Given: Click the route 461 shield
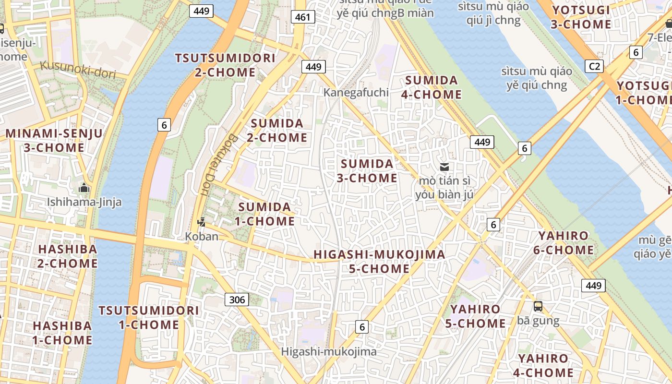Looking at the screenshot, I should [x=302, y=17].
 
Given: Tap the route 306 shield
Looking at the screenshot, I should [x=237, y=300].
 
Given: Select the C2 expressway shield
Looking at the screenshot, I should [x=594, y=66].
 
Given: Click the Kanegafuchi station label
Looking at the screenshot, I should [x=356, y=92].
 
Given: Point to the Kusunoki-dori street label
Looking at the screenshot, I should [x=78, y=70].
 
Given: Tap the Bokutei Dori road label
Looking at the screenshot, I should [x=217, y=164].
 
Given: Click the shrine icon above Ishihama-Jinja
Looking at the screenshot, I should [x=84, y=188].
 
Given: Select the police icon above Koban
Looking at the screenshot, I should [x=202, y=222].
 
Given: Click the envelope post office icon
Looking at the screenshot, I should [x=444, y=167].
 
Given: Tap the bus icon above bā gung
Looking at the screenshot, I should [x=538, y=306].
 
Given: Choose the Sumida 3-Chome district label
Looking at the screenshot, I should [x=367, y=171].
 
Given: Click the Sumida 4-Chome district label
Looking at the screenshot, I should [x=431, y=87].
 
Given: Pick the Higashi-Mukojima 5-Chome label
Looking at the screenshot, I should [x=379, y=262].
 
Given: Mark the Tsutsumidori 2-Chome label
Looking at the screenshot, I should [x=225, y=65].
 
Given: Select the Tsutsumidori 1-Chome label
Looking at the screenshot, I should [x=149, y=317].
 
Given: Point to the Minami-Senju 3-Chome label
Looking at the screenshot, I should [x=54, y=140].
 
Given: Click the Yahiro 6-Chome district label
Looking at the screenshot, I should [x=565, y=243].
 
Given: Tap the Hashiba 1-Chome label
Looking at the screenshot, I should [x=62, y=333].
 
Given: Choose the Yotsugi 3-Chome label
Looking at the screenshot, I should [x=581, y=17].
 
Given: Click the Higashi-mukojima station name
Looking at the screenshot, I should [x=329, y=351].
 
